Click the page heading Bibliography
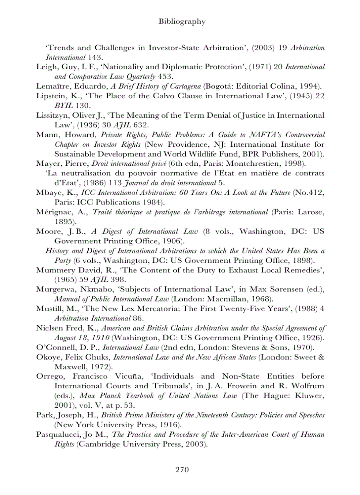pos(182,21)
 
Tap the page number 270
pos(182,469)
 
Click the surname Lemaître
pos(52,86)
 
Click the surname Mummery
pos(54,270)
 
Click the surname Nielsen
pos(49,328)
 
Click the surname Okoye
pos(48,357)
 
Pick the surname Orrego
pos(50,376)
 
